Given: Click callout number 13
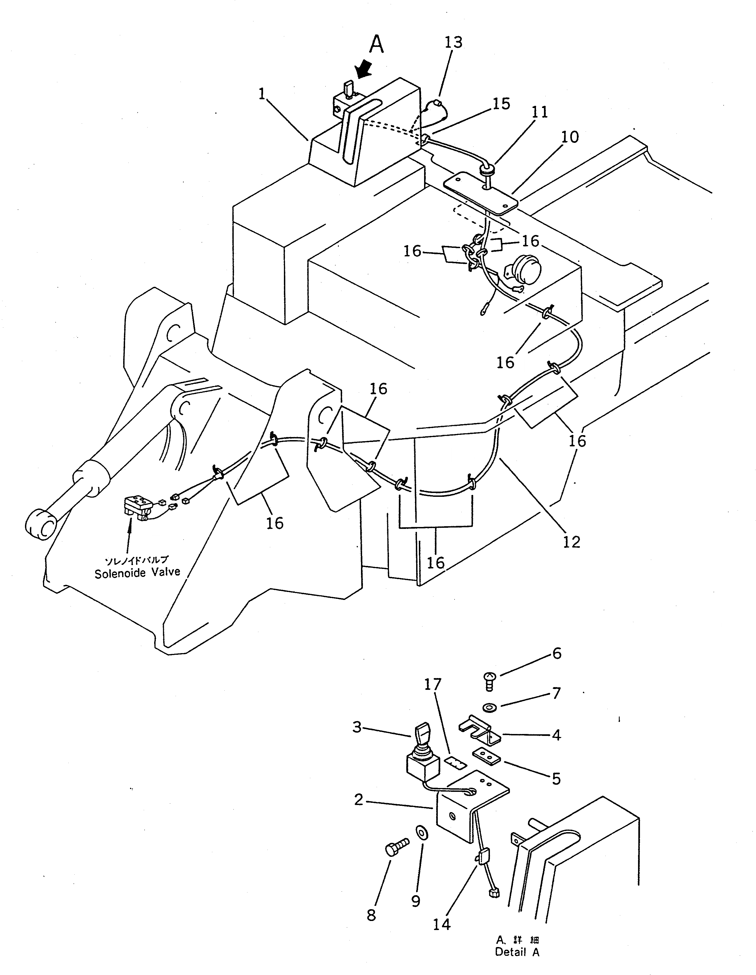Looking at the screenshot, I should pos(453,42).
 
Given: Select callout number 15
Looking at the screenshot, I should pos(501,104).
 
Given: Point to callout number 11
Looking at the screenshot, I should pos(539,112).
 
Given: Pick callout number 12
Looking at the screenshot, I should pos(572,542).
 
